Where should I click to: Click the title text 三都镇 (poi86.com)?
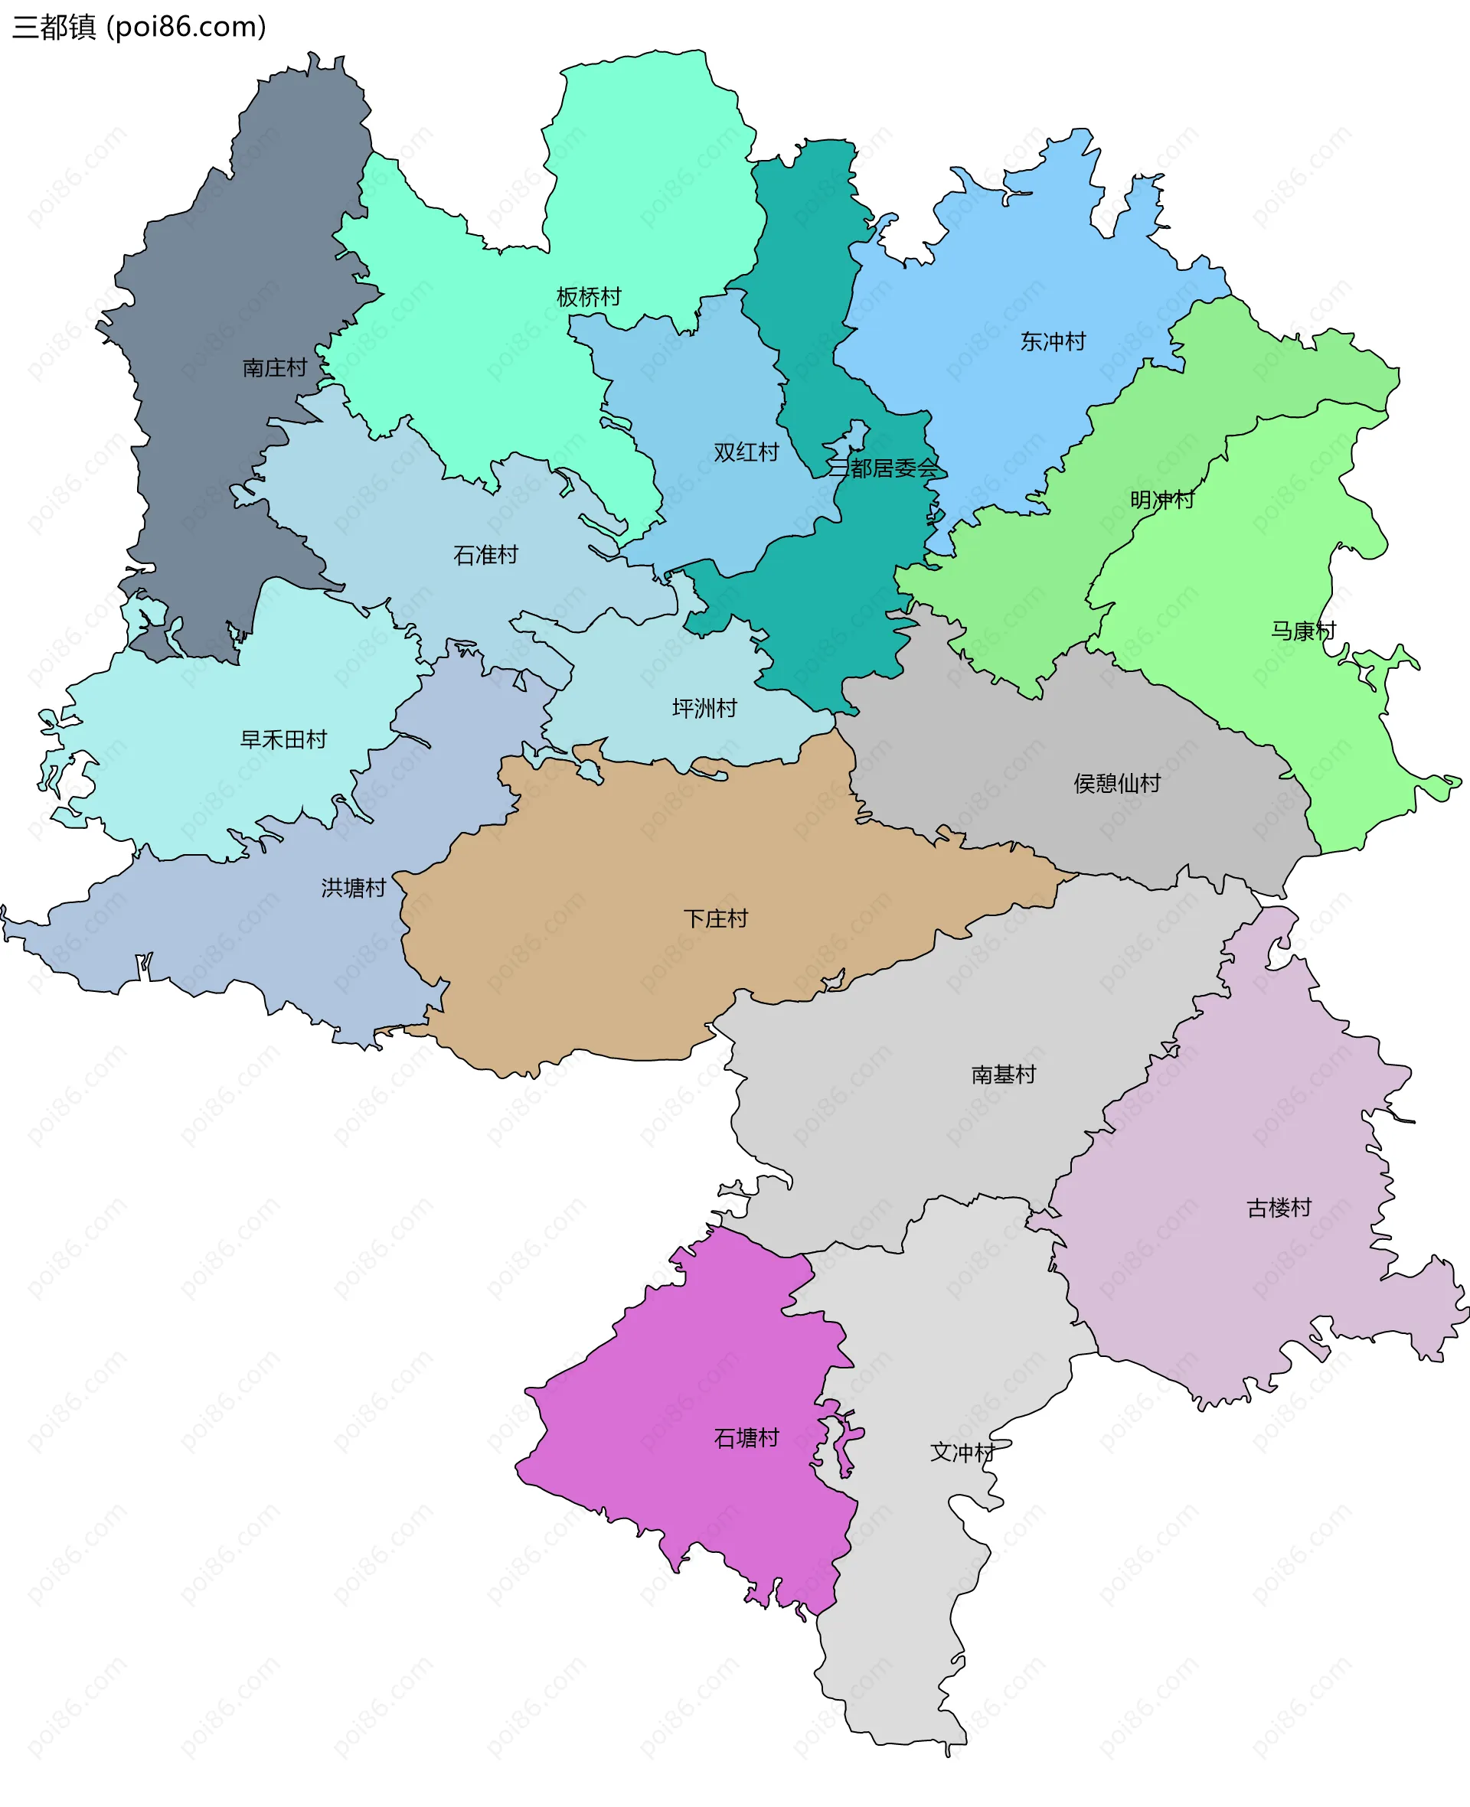pyautogui.click(x=139, y=27)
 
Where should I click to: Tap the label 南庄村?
pyautogui.click(x=274, y=368)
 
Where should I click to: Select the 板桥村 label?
pyautogui.click(x=589, y=297)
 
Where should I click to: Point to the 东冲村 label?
pyautogui.click(x=1053, y=342)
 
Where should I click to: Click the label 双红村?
pyautogui.click(x=746, y=453)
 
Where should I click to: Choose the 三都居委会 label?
pyautogui.click(x=884, y=469)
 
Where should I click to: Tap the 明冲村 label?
pyautogui.click(x=1161, y=501)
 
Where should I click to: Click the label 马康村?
pyautogui.click(x=1302, y=631)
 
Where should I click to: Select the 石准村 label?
pyautogui.click(x=485, y=555)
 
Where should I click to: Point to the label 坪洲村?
pyautogui.click(x=704, y=709)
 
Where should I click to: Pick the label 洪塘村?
pyautogui.click(x=353, y=888)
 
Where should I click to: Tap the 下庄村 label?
pyautogui.click(x=716, y=919)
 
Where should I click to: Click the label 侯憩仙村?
pyautogui.click(x=1117, y=784)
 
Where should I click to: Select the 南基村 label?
pyautogui.click(x=1004, y=1075)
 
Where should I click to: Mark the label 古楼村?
pyautogui.click(x=1279, y=1208)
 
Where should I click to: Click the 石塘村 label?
pyautogui.click(x=746, y=1438)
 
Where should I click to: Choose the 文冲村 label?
pyautogui.click(x=962, y=1453)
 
